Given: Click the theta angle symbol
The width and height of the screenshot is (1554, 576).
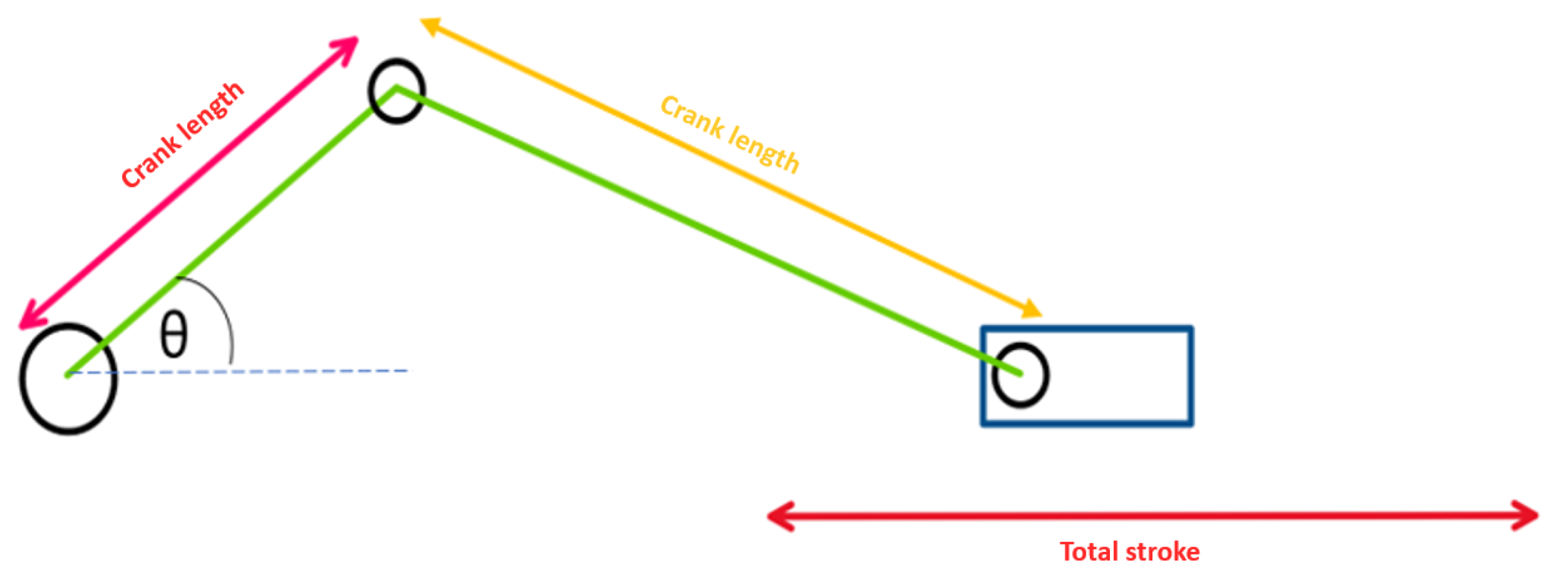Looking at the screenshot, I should [x=174, y=335].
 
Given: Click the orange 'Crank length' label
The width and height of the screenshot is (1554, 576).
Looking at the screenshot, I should [x=730, y=134].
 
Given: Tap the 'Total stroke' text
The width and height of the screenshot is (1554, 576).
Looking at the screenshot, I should [x=1129, y=552].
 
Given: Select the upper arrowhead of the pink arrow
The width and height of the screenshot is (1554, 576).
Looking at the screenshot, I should [x=348, y=46].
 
